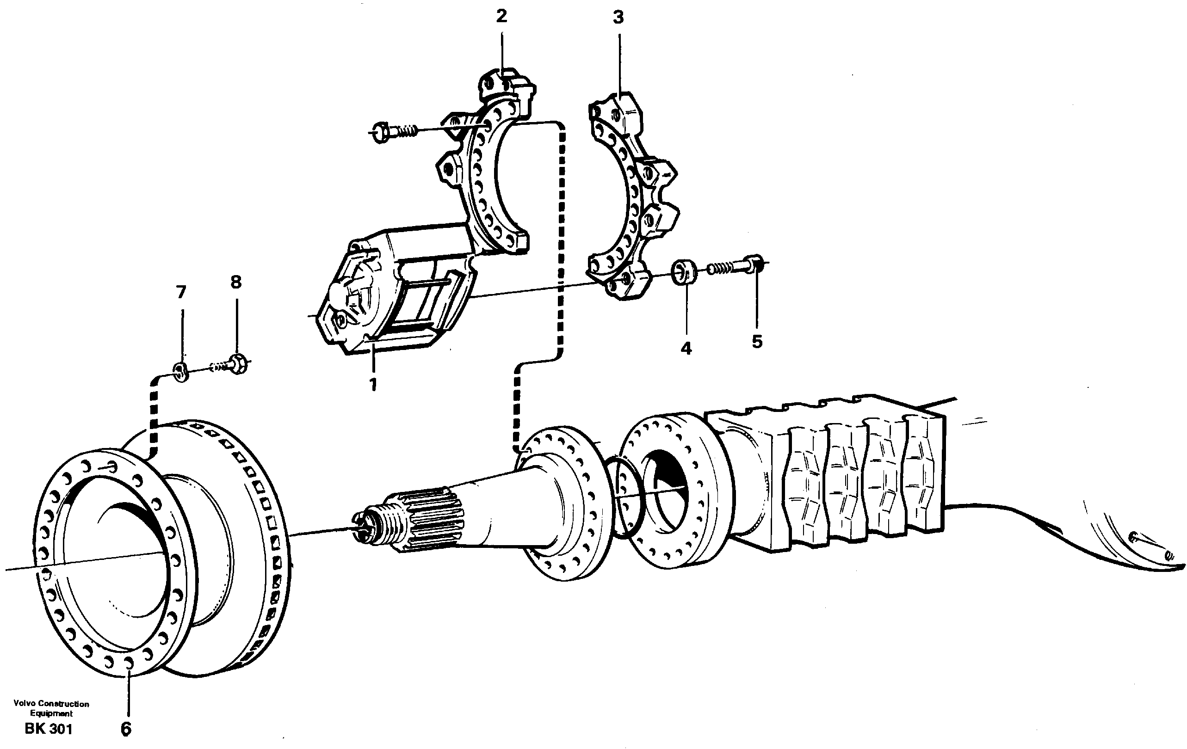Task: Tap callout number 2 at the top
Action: click(501, 17)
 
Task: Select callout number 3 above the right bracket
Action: click(618, 18)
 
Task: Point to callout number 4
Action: click(686, 349)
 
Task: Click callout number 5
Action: click(757, 342)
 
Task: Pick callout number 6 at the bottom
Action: click(126, 729)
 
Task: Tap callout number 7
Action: click(181, 292)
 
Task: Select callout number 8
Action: click(236, 282)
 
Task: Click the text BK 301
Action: click(49, 729)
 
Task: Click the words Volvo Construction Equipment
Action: click(51, 709)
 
